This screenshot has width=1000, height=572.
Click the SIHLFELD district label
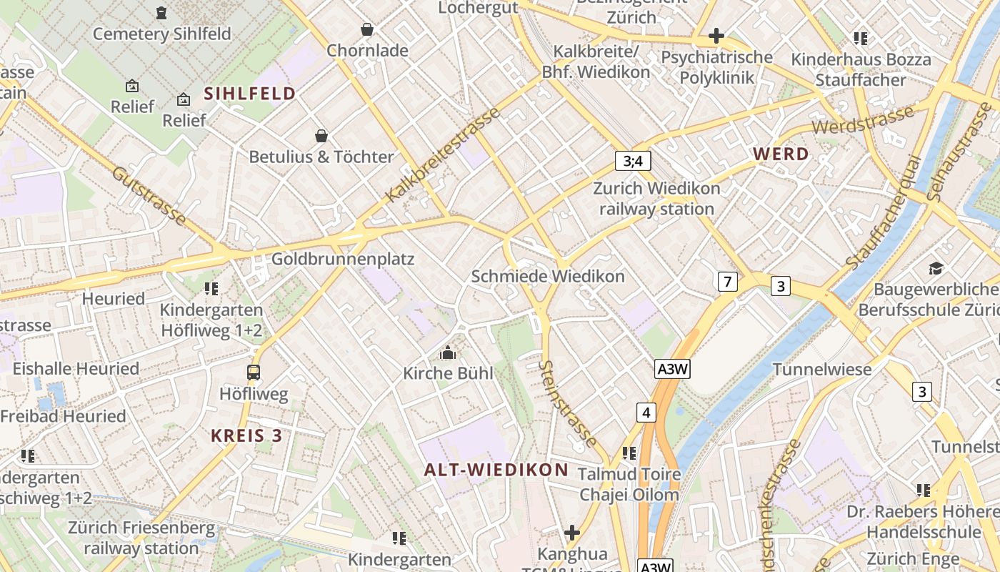tap(250, 93)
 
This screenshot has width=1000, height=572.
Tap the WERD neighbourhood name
tap(781, 154)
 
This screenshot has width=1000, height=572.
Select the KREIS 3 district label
tap(246, 435)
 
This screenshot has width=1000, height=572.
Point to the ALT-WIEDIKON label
tap(496, 470)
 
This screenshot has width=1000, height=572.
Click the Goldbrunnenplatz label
tap(343, 259)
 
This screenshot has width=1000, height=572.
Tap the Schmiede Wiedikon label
tap(548, 276)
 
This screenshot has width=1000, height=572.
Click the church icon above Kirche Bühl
tap(448, 352)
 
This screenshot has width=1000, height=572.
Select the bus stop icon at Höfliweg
tap(254, 372)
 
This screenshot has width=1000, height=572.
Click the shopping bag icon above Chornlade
tap(367, 29)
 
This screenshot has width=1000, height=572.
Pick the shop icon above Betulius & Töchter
tap(321, 136)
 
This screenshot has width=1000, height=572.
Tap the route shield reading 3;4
tap(633, 161)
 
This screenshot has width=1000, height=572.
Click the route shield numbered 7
tap(727, 282)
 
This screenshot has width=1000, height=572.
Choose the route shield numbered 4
tap(646, 413)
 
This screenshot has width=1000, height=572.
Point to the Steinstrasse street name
tap(568, 403)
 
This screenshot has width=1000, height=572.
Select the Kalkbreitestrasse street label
tap(443, 154)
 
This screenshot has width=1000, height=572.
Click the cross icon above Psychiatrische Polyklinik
tap(716, 36)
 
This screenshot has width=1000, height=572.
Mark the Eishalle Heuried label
tap(76, 369)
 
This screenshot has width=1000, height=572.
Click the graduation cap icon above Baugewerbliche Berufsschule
tap(936, 269)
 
